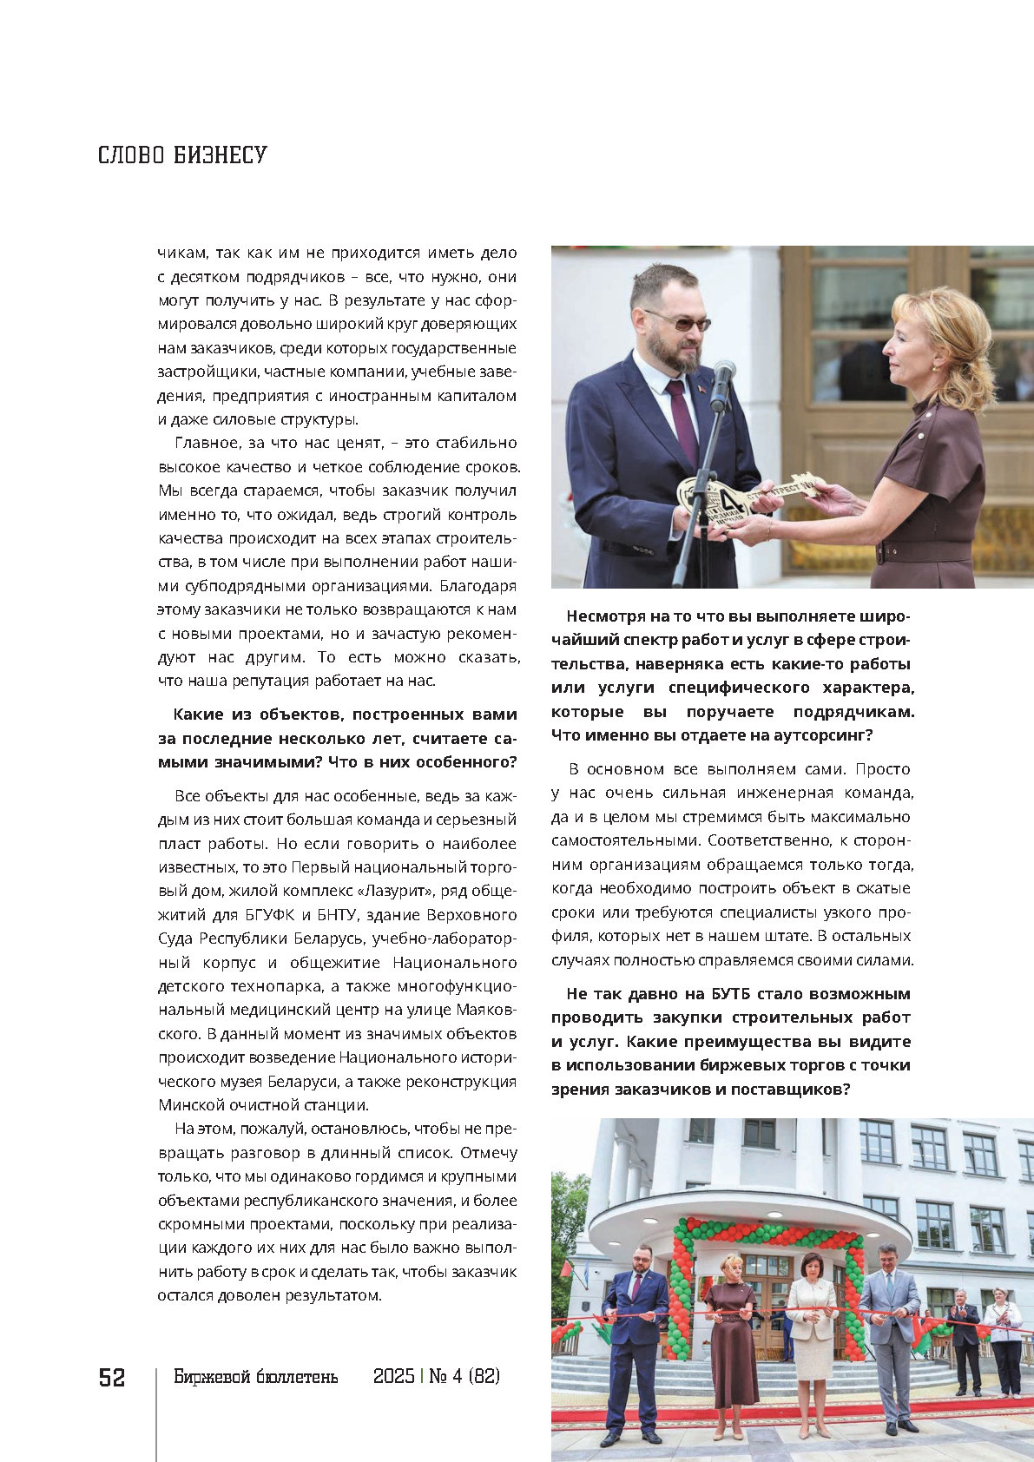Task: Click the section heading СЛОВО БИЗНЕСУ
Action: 182,155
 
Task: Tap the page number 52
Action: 112,1378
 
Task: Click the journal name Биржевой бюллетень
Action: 255,1377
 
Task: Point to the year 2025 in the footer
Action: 393,1377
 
